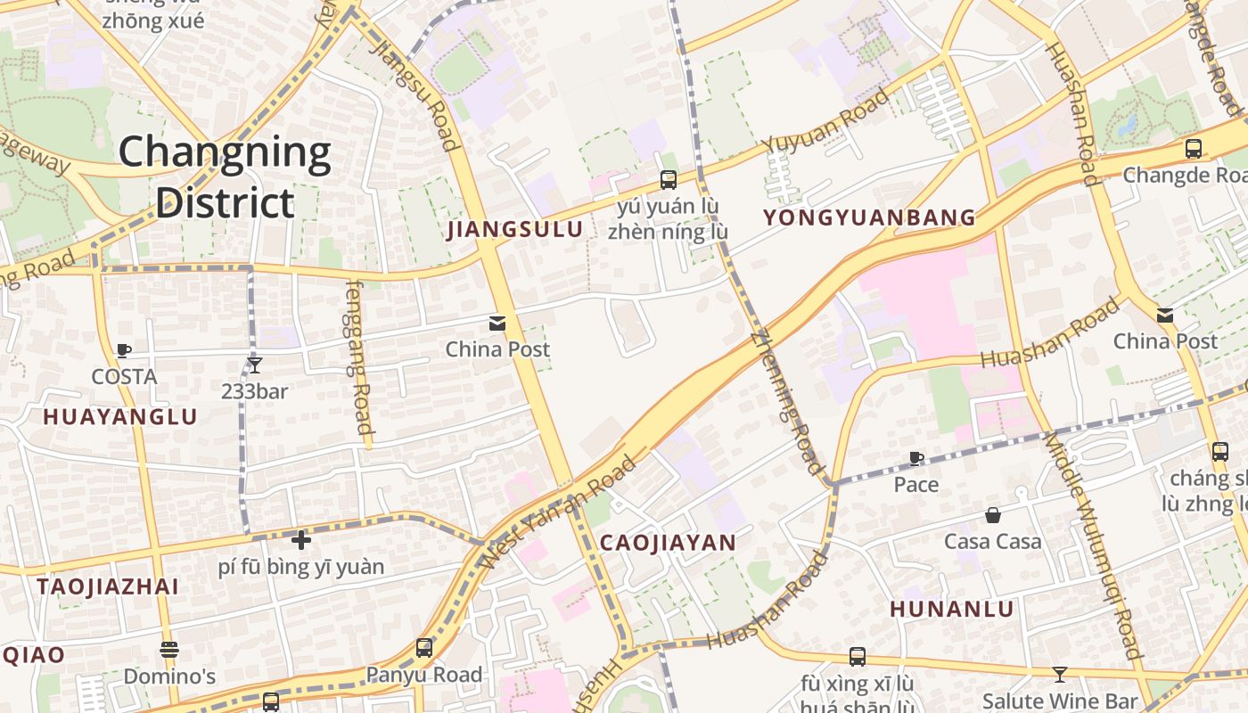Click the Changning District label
coord(225,176)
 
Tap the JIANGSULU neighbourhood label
coord(515,230)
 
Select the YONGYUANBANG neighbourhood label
coord(869,217)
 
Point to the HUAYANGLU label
coord(120,417)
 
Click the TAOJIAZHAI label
coord(108,586)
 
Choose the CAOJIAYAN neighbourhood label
coord(668,543)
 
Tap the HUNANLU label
coord(952,610)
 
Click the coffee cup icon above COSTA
coord(124,351)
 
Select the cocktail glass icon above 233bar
coord(254,365)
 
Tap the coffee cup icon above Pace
coord(915,459)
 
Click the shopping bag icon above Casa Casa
coord(992,515)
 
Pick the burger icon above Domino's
coord(169,650)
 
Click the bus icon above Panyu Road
coord(424,648)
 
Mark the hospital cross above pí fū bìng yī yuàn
coord(301,539)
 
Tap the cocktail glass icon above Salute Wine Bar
coord(1059,675)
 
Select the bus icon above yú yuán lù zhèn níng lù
coord(668,180)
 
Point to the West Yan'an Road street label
coord(560,512)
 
